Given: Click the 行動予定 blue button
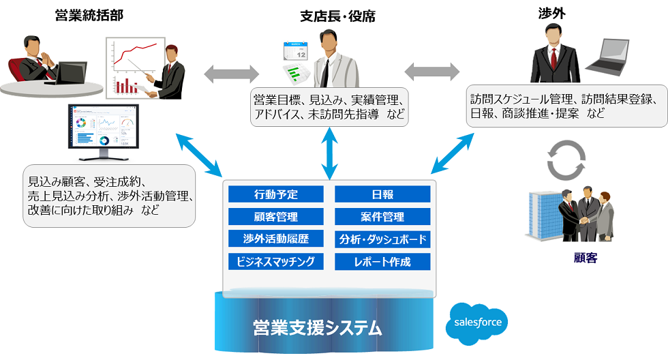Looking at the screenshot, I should [275, 194].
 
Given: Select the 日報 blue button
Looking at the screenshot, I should [382, 194].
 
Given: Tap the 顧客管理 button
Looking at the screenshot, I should [275, 217].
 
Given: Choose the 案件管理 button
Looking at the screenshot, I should [382, 217].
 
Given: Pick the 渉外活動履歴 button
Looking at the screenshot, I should [275, 239].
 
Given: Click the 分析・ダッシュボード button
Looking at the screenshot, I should [382, 239].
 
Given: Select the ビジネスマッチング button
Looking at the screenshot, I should [275, 262].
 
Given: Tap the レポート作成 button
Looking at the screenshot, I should [382, 262].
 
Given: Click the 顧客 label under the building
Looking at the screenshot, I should [586, 258].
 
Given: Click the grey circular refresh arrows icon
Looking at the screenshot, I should [566, 160].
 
